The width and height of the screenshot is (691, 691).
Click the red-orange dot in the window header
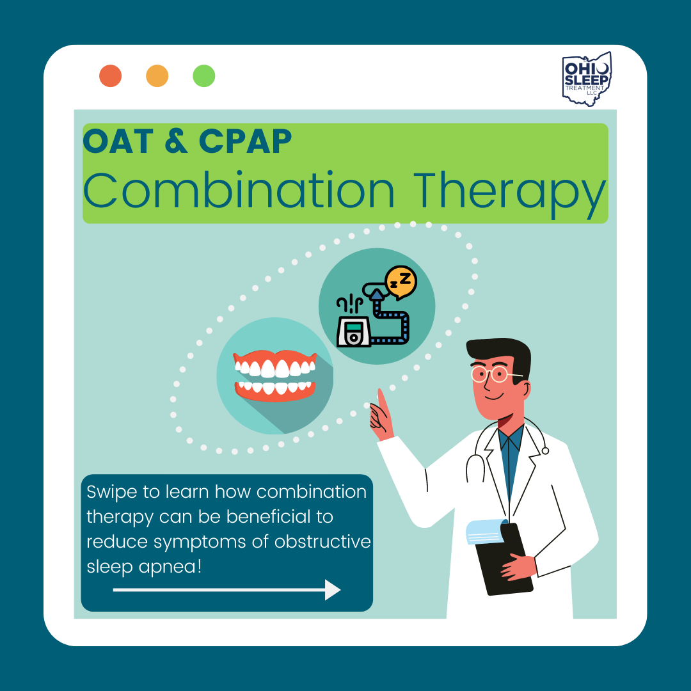pos(110,75)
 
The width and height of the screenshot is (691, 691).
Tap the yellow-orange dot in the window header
pos(157,75)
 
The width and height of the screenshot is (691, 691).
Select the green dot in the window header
pos(204,75)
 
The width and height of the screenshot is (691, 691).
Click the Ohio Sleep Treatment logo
pos(587,79)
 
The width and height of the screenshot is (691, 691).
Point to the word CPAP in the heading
pos(246,141)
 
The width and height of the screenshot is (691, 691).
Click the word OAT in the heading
pos(118,141)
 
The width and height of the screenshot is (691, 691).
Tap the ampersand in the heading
pos(176,141)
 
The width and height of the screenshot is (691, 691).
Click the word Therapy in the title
pos(510,195)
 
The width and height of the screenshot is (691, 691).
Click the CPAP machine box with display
pos(353,332)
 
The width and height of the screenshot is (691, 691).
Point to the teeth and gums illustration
pos(275,376)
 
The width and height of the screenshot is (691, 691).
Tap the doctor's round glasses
pos(493,374)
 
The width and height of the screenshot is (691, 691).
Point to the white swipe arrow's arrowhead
pos(333,590)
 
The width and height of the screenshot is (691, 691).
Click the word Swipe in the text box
pos(111,492)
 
